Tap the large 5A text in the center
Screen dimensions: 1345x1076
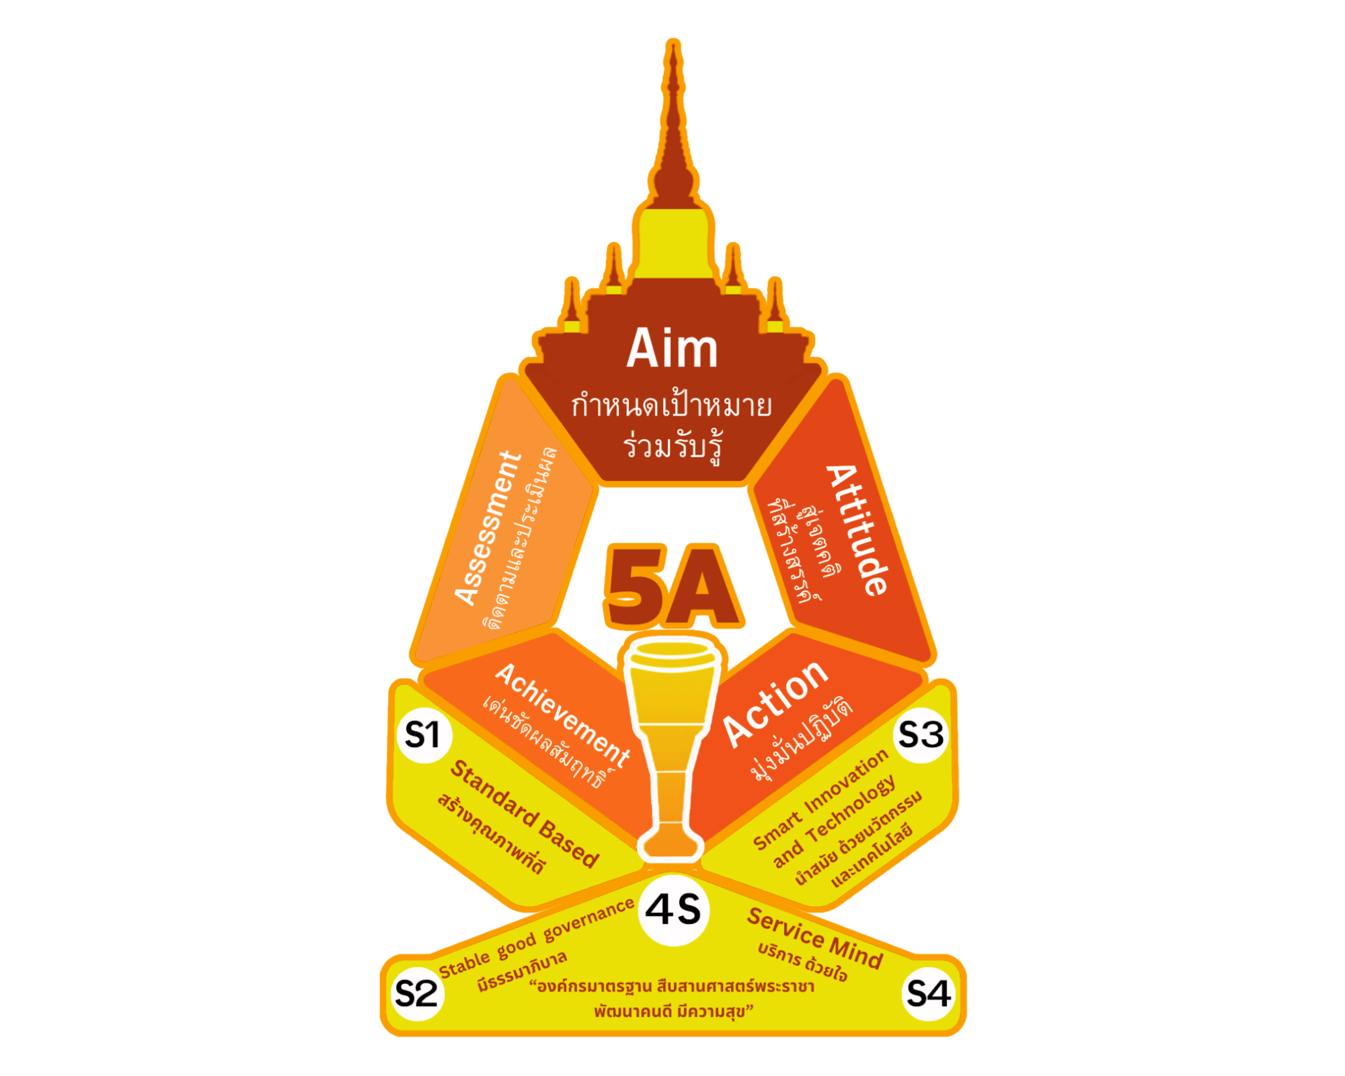[673, 585]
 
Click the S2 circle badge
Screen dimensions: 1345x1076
[416, 993]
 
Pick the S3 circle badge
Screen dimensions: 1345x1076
[921, 734]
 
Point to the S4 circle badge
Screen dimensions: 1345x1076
[929, 993]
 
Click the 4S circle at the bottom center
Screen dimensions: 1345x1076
[673, 910]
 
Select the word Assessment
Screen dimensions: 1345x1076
[488, 529]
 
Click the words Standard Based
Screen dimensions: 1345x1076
[524, 814]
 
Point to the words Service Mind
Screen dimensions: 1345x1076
[815, 937]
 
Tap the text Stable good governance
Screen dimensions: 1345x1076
[537, 937]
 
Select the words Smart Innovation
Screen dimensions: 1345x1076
[820, 799]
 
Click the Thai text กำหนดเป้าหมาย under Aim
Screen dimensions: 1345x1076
[672, 406]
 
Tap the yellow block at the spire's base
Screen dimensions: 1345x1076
[673, 243]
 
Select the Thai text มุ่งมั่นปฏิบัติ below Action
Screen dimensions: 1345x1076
[800, 739]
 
